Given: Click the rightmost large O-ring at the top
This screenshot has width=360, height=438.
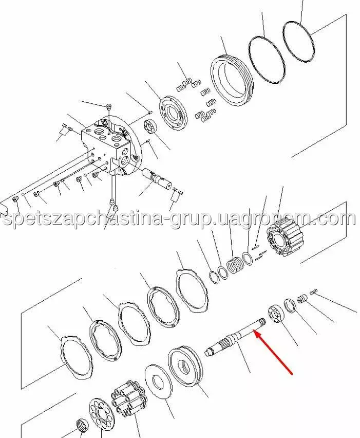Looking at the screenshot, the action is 299,42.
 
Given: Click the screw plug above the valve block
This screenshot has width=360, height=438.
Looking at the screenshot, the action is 109,106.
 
